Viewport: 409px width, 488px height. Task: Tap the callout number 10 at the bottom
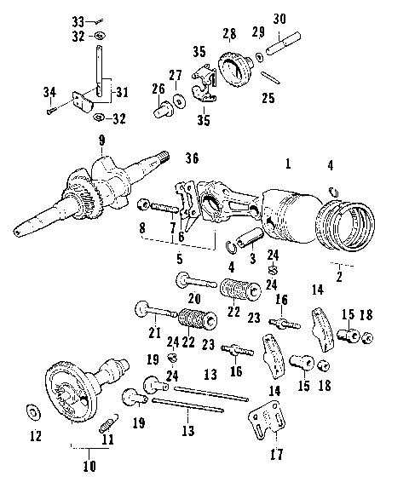coord(89,466)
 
